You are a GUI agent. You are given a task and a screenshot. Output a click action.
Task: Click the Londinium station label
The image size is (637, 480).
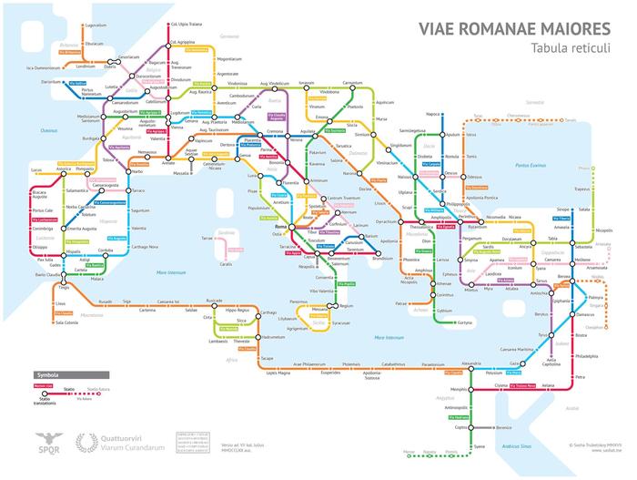pos(85,66)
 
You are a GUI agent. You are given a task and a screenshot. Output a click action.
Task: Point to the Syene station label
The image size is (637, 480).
pos(480,445)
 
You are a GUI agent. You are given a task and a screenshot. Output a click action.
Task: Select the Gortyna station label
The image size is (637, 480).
pos(466,322)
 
